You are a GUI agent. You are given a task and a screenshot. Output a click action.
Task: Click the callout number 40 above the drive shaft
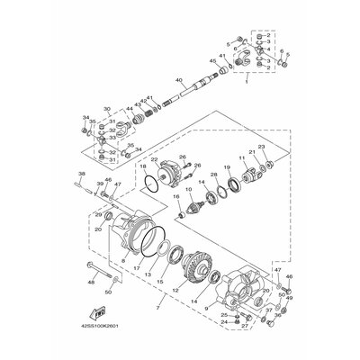coord(180,80)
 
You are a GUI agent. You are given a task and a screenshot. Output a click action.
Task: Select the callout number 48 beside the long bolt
coord(92,282)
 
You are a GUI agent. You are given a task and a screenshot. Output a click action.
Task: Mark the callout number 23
coord(261,148)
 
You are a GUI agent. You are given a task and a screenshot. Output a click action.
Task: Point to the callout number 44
coord(130,108)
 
